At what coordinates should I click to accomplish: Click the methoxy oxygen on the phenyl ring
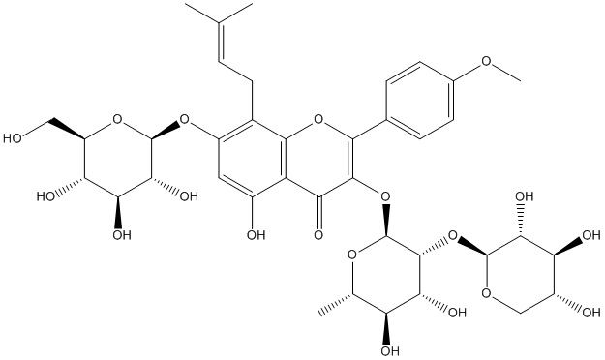coord(487,61)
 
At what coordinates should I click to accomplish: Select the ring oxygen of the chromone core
coord(318,119)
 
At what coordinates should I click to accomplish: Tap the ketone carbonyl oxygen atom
coord(318,234)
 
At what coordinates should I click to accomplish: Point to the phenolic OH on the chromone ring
coord(256,234)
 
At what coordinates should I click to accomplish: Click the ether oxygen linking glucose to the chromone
coord(185,119)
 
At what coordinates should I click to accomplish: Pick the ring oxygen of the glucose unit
coord(118,119)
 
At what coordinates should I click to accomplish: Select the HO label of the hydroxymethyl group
coord(13,138)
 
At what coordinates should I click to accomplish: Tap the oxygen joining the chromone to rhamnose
coord(384,196)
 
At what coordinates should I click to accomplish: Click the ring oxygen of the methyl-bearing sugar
coord(351,255)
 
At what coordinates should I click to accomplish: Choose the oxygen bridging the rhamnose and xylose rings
coord(453,234)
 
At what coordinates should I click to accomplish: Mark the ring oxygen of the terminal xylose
coord(486,293)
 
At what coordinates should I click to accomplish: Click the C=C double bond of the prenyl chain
coord(220,42)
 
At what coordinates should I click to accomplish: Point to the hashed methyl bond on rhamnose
coord(335,303)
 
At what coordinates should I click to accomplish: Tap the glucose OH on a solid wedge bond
coord(122,234)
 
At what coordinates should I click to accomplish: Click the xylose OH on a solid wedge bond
coord(590,234)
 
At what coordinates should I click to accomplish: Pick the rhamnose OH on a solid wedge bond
coord(390,350)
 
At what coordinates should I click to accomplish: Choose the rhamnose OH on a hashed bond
coord(457,312)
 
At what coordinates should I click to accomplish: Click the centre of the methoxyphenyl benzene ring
coord(418,100)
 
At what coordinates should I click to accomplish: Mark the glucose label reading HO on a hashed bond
coord(45,196)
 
